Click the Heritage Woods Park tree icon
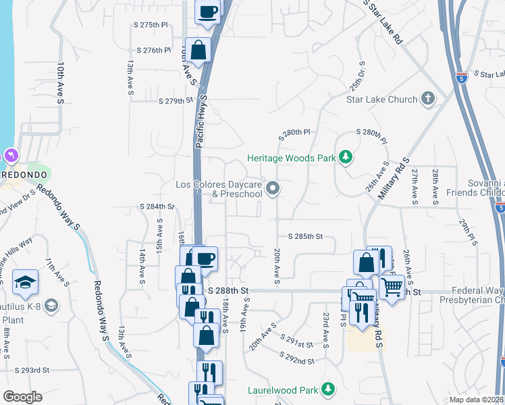pos(346,158)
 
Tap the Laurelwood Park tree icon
pos(328,389)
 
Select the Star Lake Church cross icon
pos(427,100)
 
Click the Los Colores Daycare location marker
pos(273,188)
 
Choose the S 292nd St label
pos(296,358)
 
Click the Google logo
pos(22,396)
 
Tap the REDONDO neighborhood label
pos(24,174)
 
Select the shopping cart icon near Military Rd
pos(392,287)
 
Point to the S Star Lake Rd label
pos(383,22)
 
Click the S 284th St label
pos(157,207)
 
